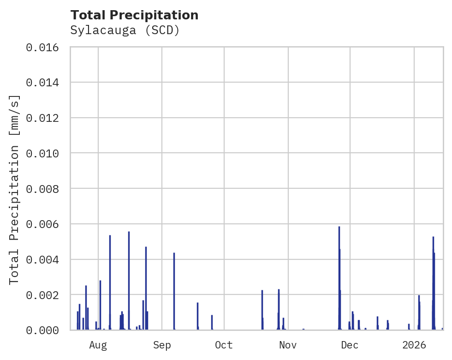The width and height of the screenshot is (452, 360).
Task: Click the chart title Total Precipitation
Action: (x=134, y=15)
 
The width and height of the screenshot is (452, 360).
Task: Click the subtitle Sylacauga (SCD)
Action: (x=125, y=30)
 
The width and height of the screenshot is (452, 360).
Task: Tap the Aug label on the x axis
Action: (x=98, y=345)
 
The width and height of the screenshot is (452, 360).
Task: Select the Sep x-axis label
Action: (x=162, y=345)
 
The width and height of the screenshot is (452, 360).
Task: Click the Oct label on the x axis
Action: (x=224, y=345)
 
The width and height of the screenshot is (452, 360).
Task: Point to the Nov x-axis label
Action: (x=288, y=345)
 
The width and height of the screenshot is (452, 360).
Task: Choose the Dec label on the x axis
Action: (x=350, y=345)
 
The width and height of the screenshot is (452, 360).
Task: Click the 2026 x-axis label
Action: (x=414, y=345)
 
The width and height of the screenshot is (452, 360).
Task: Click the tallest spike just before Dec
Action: (x=339, y=277)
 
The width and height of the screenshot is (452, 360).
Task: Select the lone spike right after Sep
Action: (x=174, y=291)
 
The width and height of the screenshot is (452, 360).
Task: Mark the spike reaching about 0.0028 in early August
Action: (x=100, y=305)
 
